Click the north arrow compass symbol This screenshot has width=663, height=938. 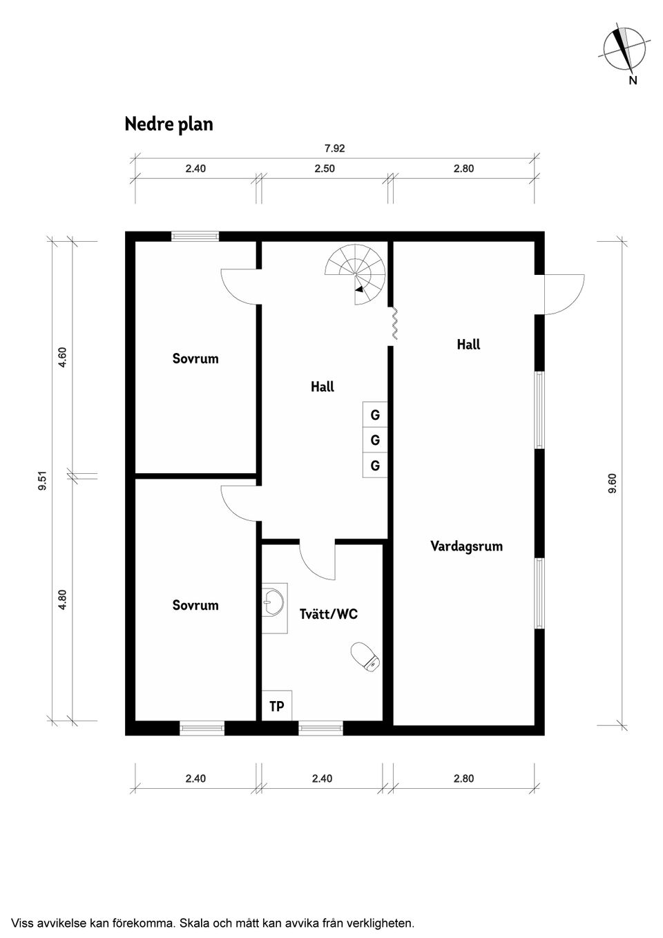pyautogui.click(x=625, y=48)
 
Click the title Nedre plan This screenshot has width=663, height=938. pyautogui.click(x=169, y=124)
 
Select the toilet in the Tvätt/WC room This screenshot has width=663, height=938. pyautogui.click(x=365, y=656)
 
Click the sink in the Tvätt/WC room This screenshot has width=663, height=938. pyautogui.click(x=275, y=602)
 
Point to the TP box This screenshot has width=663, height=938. pyautogui.click(x=277, y=706)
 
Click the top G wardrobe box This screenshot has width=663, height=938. pyautogui.click(x=375, y=415)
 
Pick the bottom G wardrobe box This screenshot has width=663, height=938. pyautogui.click(x=375, y=466)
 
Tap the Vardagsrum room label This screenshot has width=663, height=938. pyautogui.click(x=466, y=546)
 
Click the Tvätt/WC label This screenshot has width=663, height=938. pyautogui.click(x=329, y=613)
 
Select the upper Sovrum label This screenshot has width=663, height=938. pyautogui.click(x=195, y=358)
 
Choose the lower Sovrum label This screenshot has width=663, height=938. pyautogui.click(x=195, y=605)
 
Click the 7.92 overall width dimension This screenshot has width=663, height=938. pyautogui.click(x=334, y=148)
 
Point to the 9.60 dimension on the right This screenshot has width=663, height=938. pyautogui.click(x=612, y=483)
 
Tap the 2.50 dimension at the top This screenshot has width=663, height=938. pyautogui.click(x=325, y=169)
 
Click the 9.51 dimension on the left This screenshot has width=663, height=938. pyautogui.click(x=43, y=480)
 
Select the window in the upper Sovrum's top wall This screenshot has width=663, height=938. pyautogui.click(x=195, y=236)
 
